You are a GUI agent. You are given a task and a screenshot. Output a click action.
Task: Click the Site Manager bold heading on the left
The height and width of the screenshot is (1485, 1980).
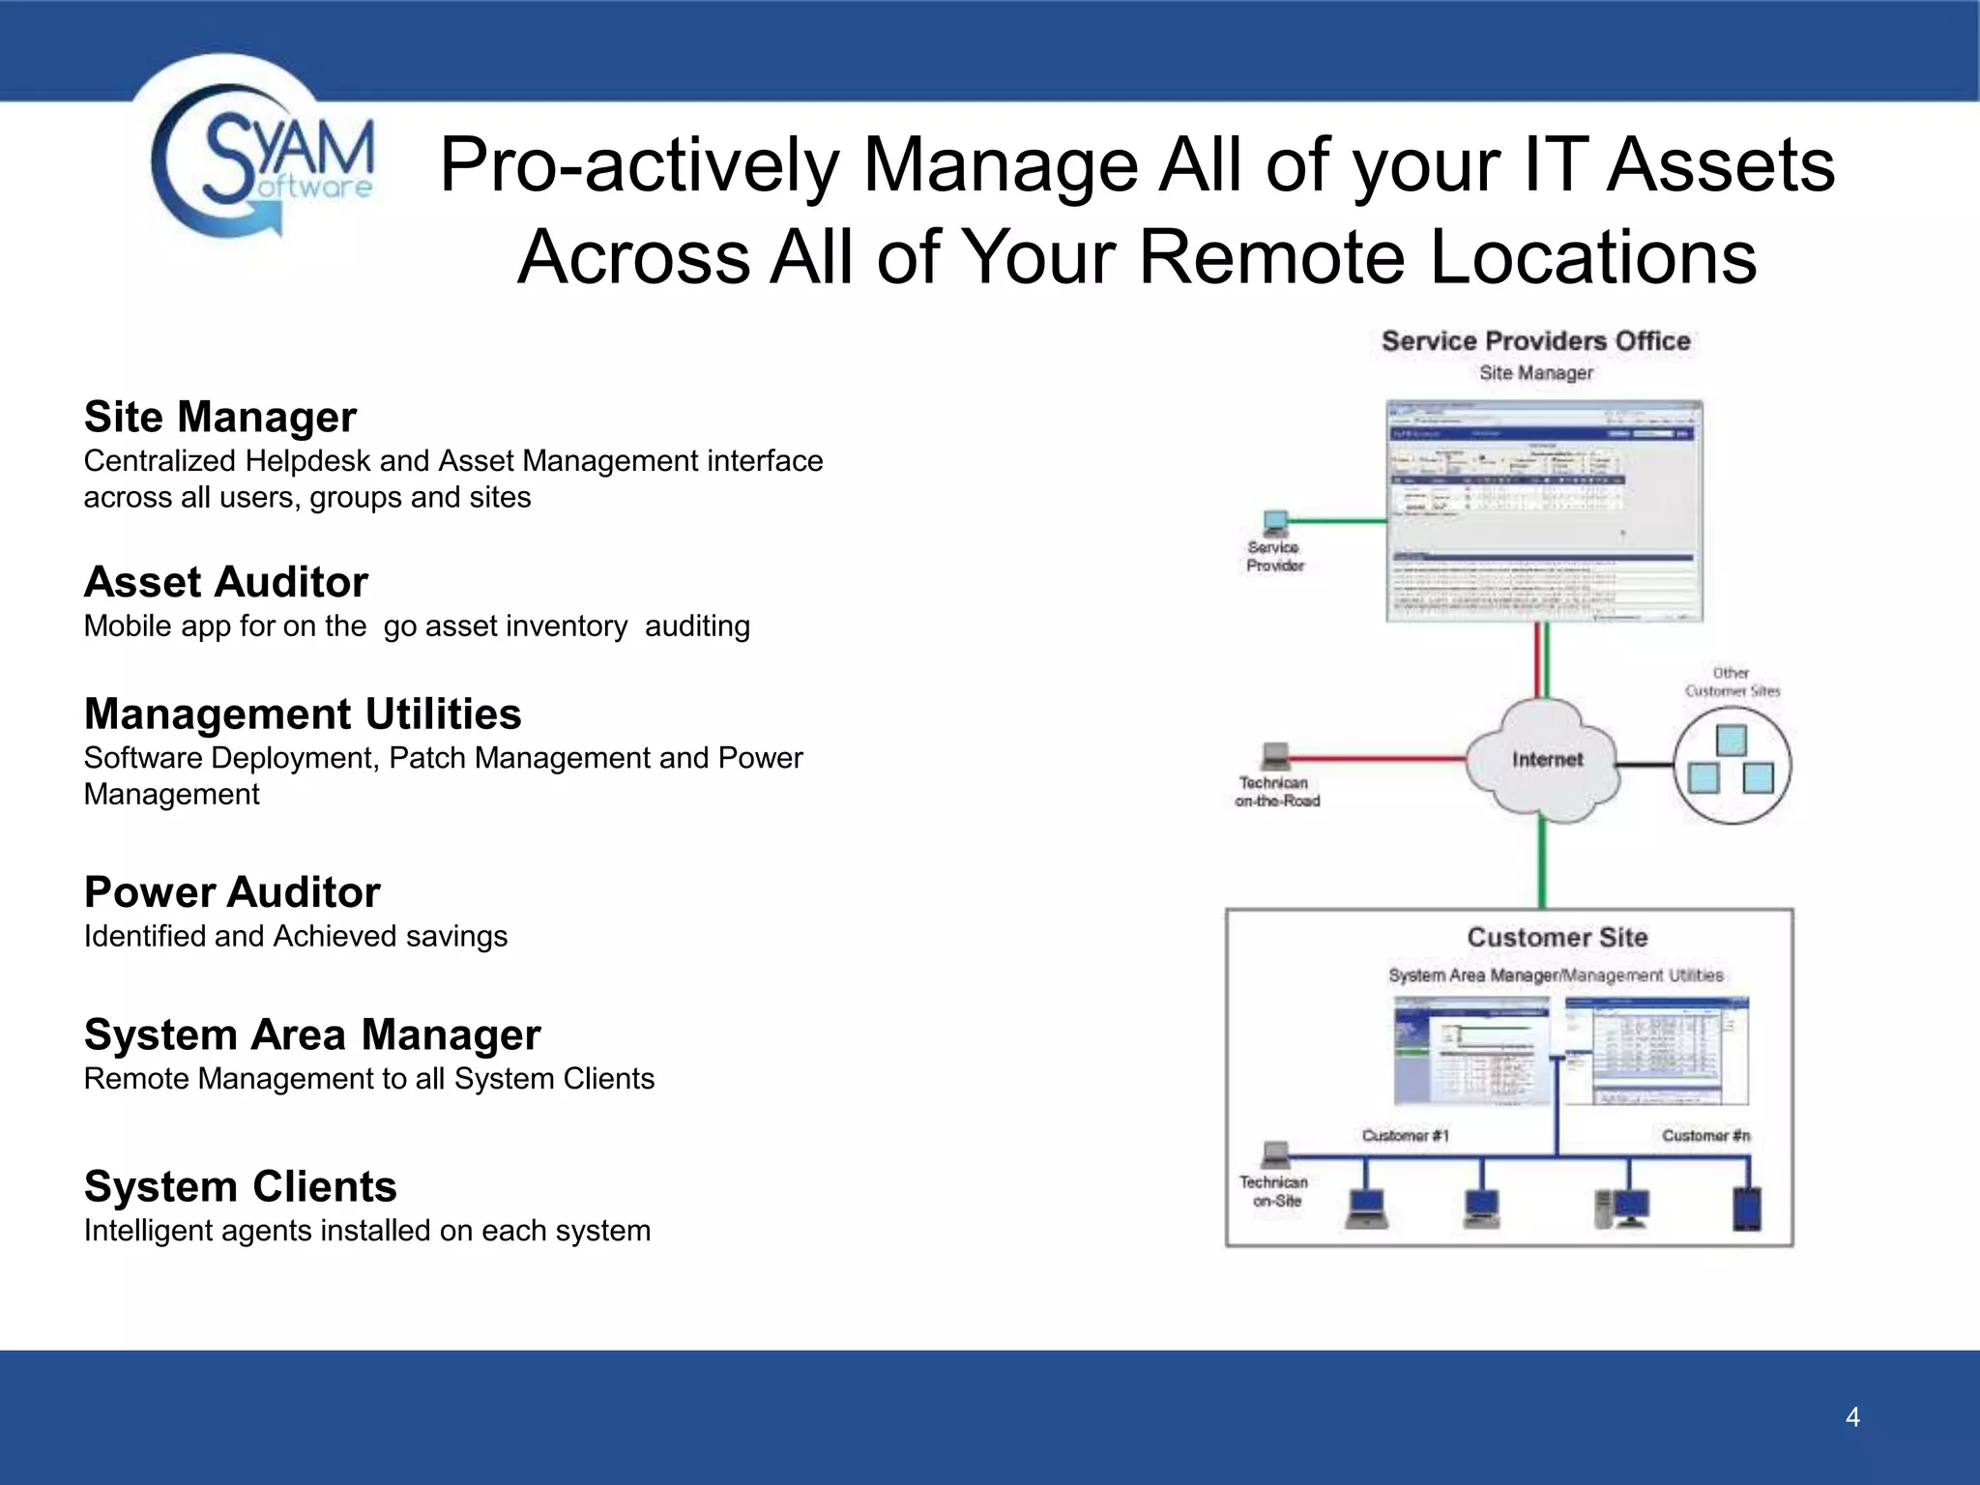point(219,417)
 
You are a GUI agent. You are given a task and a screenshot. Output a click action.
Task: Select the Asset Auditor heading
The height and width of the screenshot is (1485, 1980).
point(225,582)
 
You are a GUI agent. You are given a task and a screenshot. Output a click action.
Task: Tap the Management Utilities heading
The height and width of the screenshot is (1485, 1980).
point(302,714)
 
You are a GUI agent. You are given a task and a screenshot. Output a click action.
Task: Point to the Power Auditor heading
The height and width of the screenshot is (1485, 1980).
point(232,892)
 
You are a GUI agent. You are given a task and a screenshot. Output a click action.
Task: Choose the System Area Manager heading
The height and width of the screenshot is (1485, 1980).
point(311,1034)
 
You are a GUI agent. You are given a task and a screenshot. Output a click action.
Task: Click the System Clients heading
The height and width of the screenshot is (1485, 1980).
point(240,1186)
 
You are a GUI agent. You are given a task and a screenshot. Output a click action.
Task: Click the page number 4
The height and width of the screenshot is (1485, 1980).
point(1852,1417)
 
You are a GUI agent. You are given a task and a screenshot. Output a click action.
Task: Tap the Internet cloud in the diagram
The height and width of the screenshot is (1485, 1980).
point(1544,760)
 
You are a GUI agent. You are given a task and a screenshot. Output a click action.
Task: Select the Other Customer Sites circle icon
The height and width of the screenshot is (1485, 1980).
point(1732,764)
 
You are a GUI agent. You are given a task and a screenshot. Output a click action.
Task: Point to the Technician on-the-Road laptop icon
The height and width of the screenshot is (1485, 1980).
point(1275,755)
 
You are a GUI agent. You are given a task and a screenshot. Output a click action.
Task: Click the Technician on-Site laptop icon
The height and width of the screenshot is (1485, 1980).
point(1275,1154)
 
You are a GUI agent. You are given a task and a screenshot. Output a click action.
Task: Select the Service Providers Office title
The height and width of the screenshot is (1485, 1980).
point(1535,341)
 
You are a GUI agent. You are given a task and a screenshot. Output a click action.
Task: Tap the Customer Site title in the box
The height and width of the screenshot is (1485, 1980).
point(1557,937)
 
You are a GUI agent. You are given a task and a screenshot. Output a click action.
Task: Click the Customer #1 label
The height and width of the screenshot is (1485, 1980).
point(1405,1135)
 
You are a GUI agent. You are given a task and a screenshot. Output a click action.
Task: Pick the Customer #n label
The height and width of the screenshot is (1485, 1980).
point(1705,1135)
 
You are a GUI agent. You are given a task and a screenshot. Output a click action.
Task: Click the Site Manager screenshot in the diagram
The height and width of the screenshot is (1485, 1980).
point(1544,510)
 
